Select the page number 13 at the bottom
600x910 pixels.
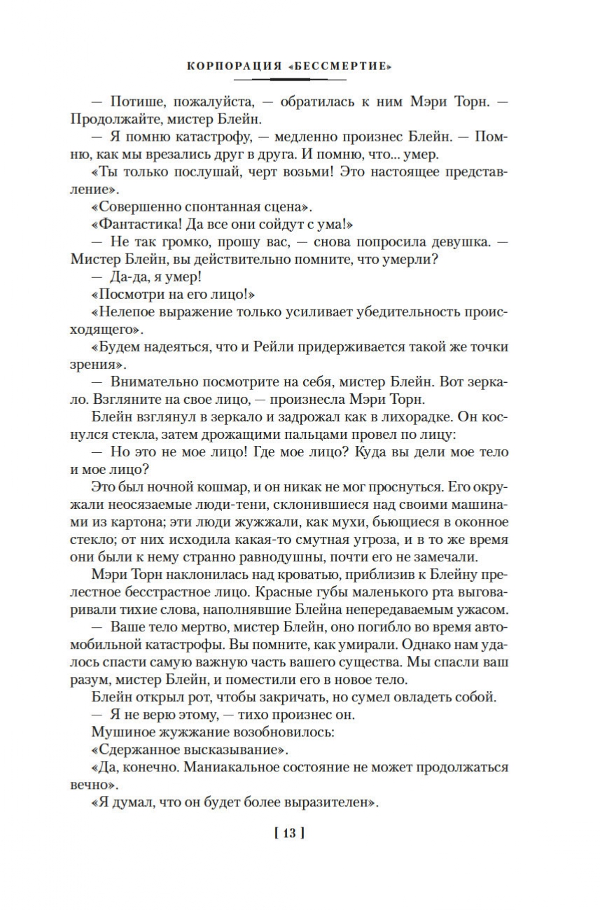pos(290,833)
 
